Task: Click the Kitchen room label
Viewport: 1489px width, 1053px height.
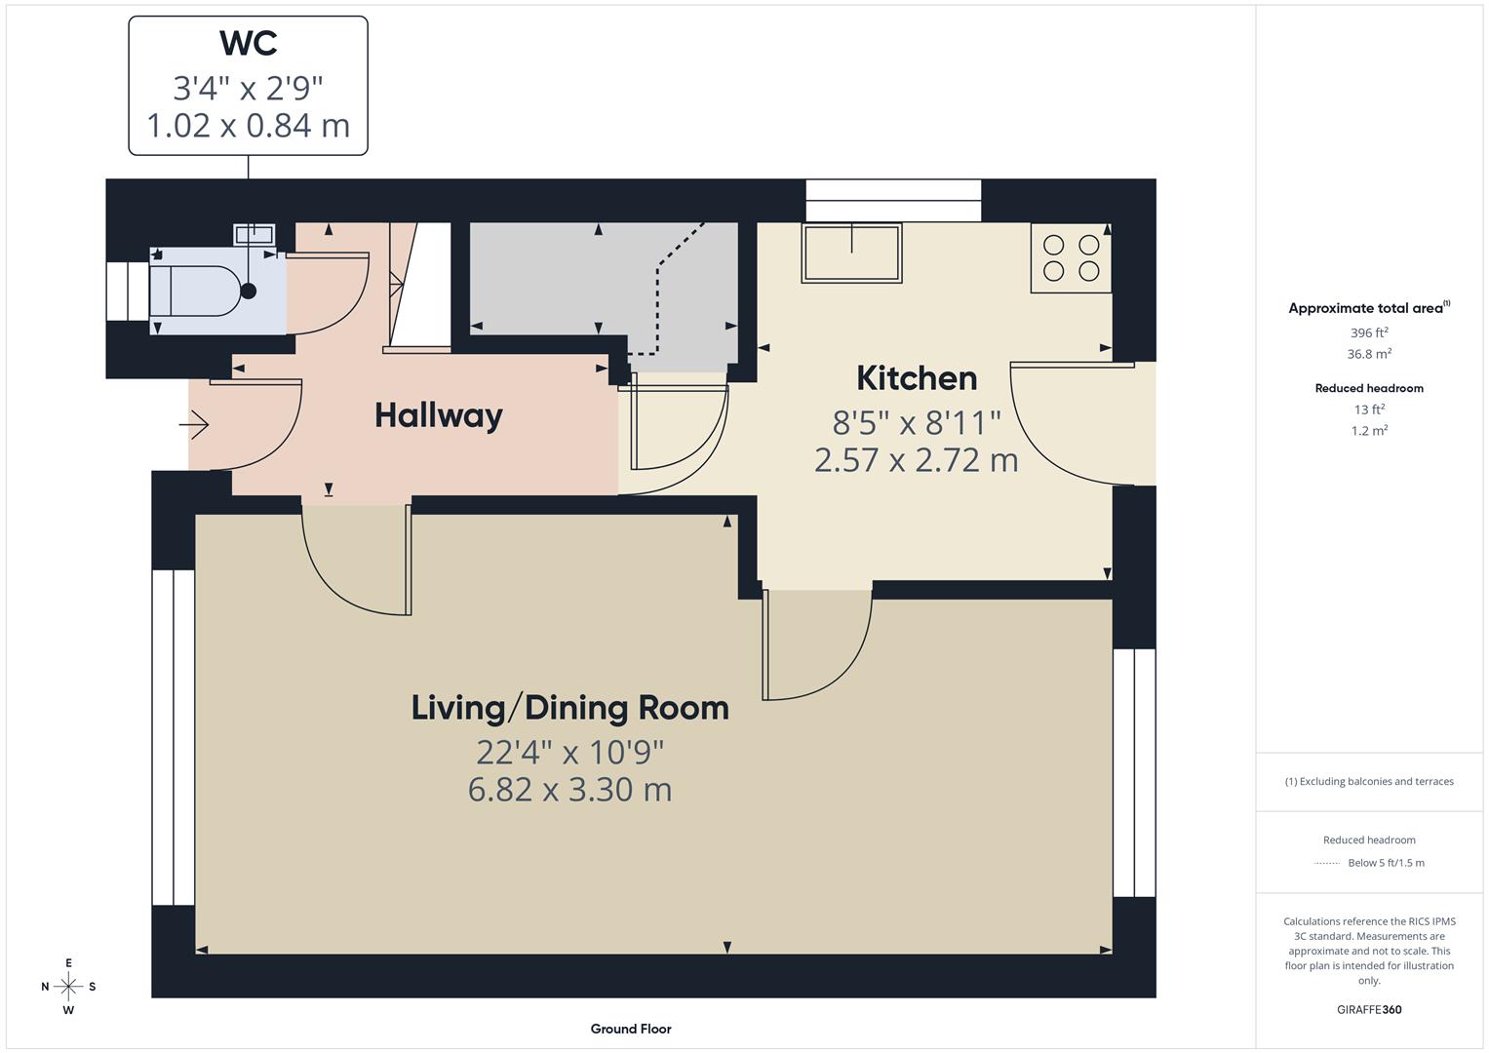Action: pos(916,378)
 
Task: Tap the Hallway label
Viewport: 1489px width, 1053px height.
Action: pos(438,416)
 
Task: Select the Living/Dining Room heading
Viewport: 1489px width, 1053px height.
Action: pos(569,708)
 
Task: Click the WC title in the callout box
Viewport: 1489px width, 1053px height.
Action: pos(248,44)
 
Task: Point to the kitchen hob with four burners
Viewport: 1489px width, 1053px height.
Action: pos(1071,258)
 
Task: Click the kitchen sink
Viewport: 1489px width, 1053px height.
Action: pos(850,253)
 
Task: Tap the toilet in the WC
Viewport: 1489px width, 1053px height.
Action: pos(195,291)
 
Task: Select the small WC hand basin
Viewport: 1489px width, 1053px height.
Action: pos(254,234)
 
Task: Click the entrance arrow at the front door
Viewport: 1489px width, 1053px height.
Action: pos(194,425)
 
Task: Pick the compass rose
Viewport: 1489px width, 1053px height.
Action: pos(68,987)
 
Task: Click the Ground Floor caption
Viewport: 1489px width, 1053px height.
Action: pos(630,1029)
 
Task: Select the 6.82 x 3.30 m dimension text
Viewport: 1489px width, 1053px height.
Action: pos(569,789)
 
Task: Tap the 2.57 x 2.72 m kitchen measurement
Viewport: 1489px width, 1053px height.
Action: pos(916,459)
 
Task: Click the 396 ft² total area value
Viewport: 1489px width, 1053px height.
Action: pos(1368,332)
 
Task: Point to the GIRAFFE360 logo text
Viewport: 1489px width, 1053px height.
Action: pos(1368,1009)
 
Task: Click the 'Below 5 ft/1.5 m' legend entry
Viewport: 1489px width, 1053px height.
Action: pos(1385,863)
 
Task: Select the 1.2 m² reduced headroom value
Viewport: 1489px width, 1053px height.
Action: pos(1368,431)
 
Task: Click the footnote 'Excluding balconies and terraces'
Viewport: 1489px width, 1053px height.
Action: pos(1368,781)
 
